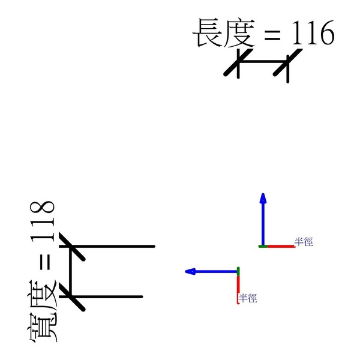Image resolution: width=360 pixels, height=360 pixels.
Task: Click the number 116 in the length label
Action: [x=311, y=34]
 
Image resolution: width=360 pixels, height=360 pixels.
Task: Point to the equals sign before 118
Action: [x=44, y=263]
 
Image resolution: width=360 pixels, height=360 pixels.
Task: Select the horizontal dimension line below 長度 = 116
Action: [x=263, y=62]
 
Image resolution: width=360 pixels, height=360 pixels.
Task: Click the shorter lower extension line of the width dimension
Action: [x=108, y=296]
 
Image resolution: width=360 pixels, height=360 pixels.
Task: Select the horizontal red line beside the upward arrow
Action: [x=280, y=246]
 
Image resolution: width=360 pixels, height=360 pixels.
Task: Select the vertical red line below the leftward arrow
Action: [x=238, y=289]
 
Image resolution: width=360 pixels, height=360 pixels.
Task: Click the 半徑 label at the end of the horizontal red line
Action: [x=304, y=242]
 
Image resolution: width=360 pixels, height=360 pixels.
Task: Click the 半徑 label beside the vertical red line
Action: [x=248, y=298]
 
